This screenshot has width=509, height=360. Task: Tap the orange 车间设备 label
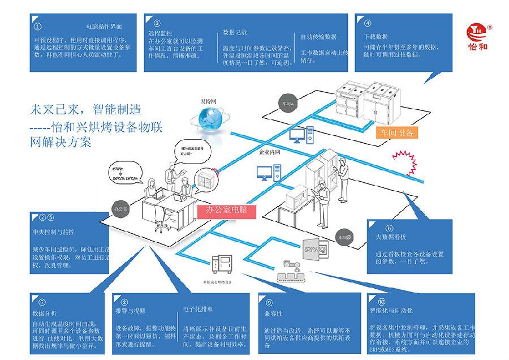tap(397, 133)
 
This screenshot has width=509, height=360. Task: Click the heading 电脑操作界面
tap(103, 26)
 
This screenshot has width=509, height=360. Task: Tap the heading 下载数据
tap(375, 36)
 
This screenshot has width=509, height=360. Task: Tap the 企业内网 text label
tap(270, 152)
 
